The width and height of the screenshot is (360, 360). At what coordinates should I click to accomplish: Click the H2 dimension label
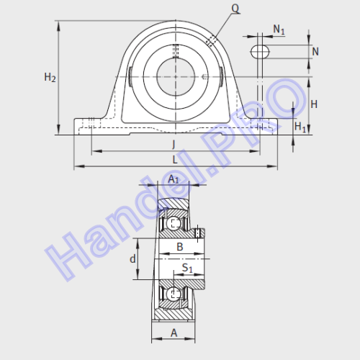click(50, 78)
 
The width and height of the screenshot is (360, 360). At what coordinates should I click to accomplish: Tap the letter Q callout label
click(235, 9)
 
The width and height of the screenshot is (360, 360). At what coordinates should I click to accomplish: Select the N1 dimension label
click(279, 30)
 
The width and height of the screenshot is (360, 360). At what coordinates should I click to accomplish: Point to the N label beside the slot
click(315, 52)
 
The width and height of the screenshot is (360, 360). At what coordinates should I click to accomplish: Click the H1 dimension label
click(300, 127)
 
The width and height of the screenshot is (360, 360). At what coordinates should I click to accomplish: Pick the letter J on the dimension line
click(174, 144)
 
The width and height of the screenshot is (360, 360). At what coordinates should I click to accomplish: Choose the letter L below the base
click(175, 160)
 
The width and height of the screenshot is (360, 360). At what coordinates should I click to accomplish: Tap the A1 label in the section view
click(174, 179)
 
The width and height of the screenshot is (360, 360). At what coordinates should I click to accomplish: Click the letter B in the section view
click(180, 247)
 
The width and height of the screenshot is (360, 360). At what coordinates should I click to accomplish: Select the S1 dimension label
click(187, 268)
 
